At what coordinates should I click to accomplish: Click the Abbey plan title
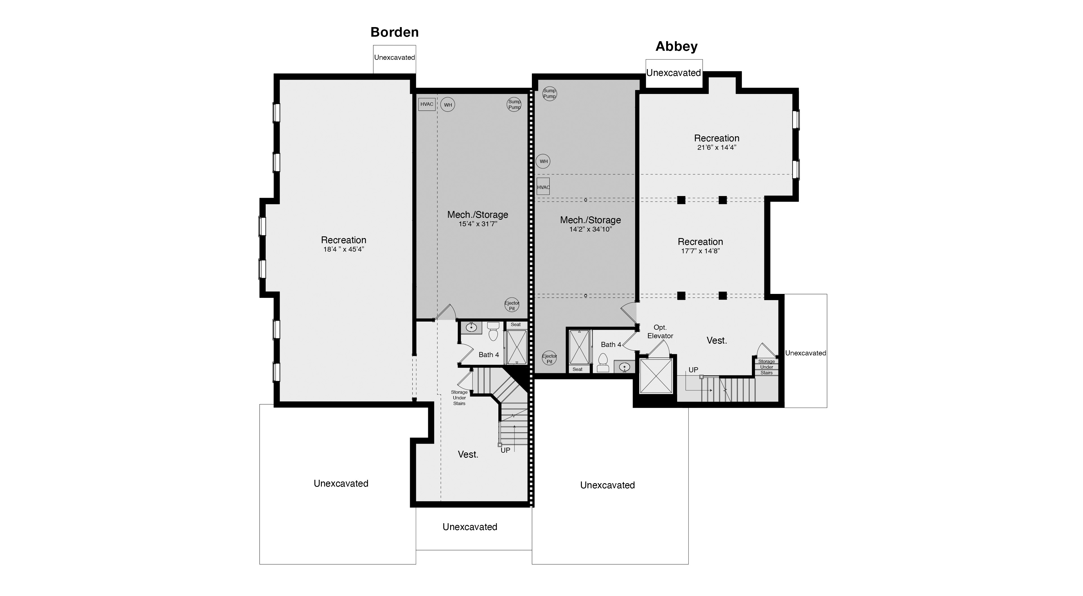677,46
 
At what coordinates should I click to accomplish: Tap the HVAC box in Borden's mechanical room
427,104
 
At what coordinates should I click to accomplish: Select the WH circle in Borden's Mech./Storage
448,105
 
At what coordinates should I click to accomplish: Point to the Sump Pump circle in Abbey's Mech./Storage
549,93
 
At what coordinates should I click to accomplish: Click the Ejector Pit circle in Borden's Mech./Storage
512,306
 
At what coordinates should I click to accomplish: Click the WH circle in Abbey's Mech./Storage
543,161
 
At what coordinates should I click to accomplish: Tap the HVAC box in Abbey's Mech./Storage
543,187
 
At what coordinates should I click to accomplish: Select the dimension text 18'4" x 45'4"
344,249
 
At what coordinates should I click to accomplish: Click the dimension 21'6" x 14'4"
716,148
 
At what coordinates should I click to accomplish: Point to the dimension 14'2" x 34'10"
590,229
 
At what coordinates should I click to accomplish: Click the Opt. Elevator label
660,331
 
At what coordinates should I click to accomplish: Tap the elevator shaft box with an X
655,376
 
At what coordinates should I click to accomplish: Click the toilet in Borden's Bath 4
493,332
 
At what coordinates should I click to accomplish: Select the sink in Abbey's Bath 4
624,367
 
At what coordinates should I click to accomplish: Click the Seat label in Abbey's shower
577,369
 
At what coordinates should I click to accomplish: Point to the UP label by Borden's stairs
505,450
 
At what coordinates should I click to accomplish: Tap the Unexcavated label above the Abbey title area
673,73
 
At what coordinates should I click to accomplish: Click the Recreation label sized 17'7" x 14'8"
700,242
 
